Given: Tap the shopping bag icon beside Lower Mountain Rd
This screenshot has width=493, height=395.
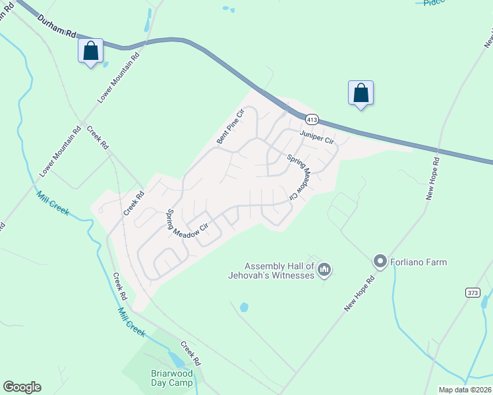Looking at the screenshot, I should coord(90,51).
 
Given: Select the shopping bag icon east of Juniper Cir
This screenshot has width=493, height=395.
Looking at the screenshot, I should coord(361,92).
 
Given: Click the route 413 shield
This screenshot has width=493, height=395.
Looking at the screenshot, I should coord(312,119).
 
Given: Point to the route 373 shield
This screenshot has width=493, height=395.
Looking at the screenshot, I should coord(471,292).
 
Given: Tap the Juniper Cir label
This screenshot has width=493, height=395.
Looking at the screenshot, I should coord(317,138).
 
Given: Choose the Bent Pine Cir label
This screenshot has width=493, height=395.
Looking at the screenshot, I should coord(231,126).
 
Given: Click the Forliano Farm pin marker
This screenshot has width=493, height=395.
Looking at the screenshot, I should coord(380,261).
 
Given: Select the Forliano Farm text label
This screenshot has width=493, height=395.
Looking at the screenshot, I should coord(418,262).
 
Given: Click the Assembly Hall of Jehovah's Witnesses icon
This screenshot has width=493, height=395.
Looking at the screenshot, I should coord(324,269).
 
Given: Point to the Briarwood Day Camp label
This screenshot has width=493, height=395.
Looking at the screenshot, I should coord(170,378).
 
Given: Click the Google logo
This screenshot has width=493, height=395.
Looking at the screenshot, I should coord(22,387).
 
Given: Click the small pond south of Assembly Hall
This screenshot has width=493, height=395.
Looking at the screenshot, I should coord(245,307).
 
